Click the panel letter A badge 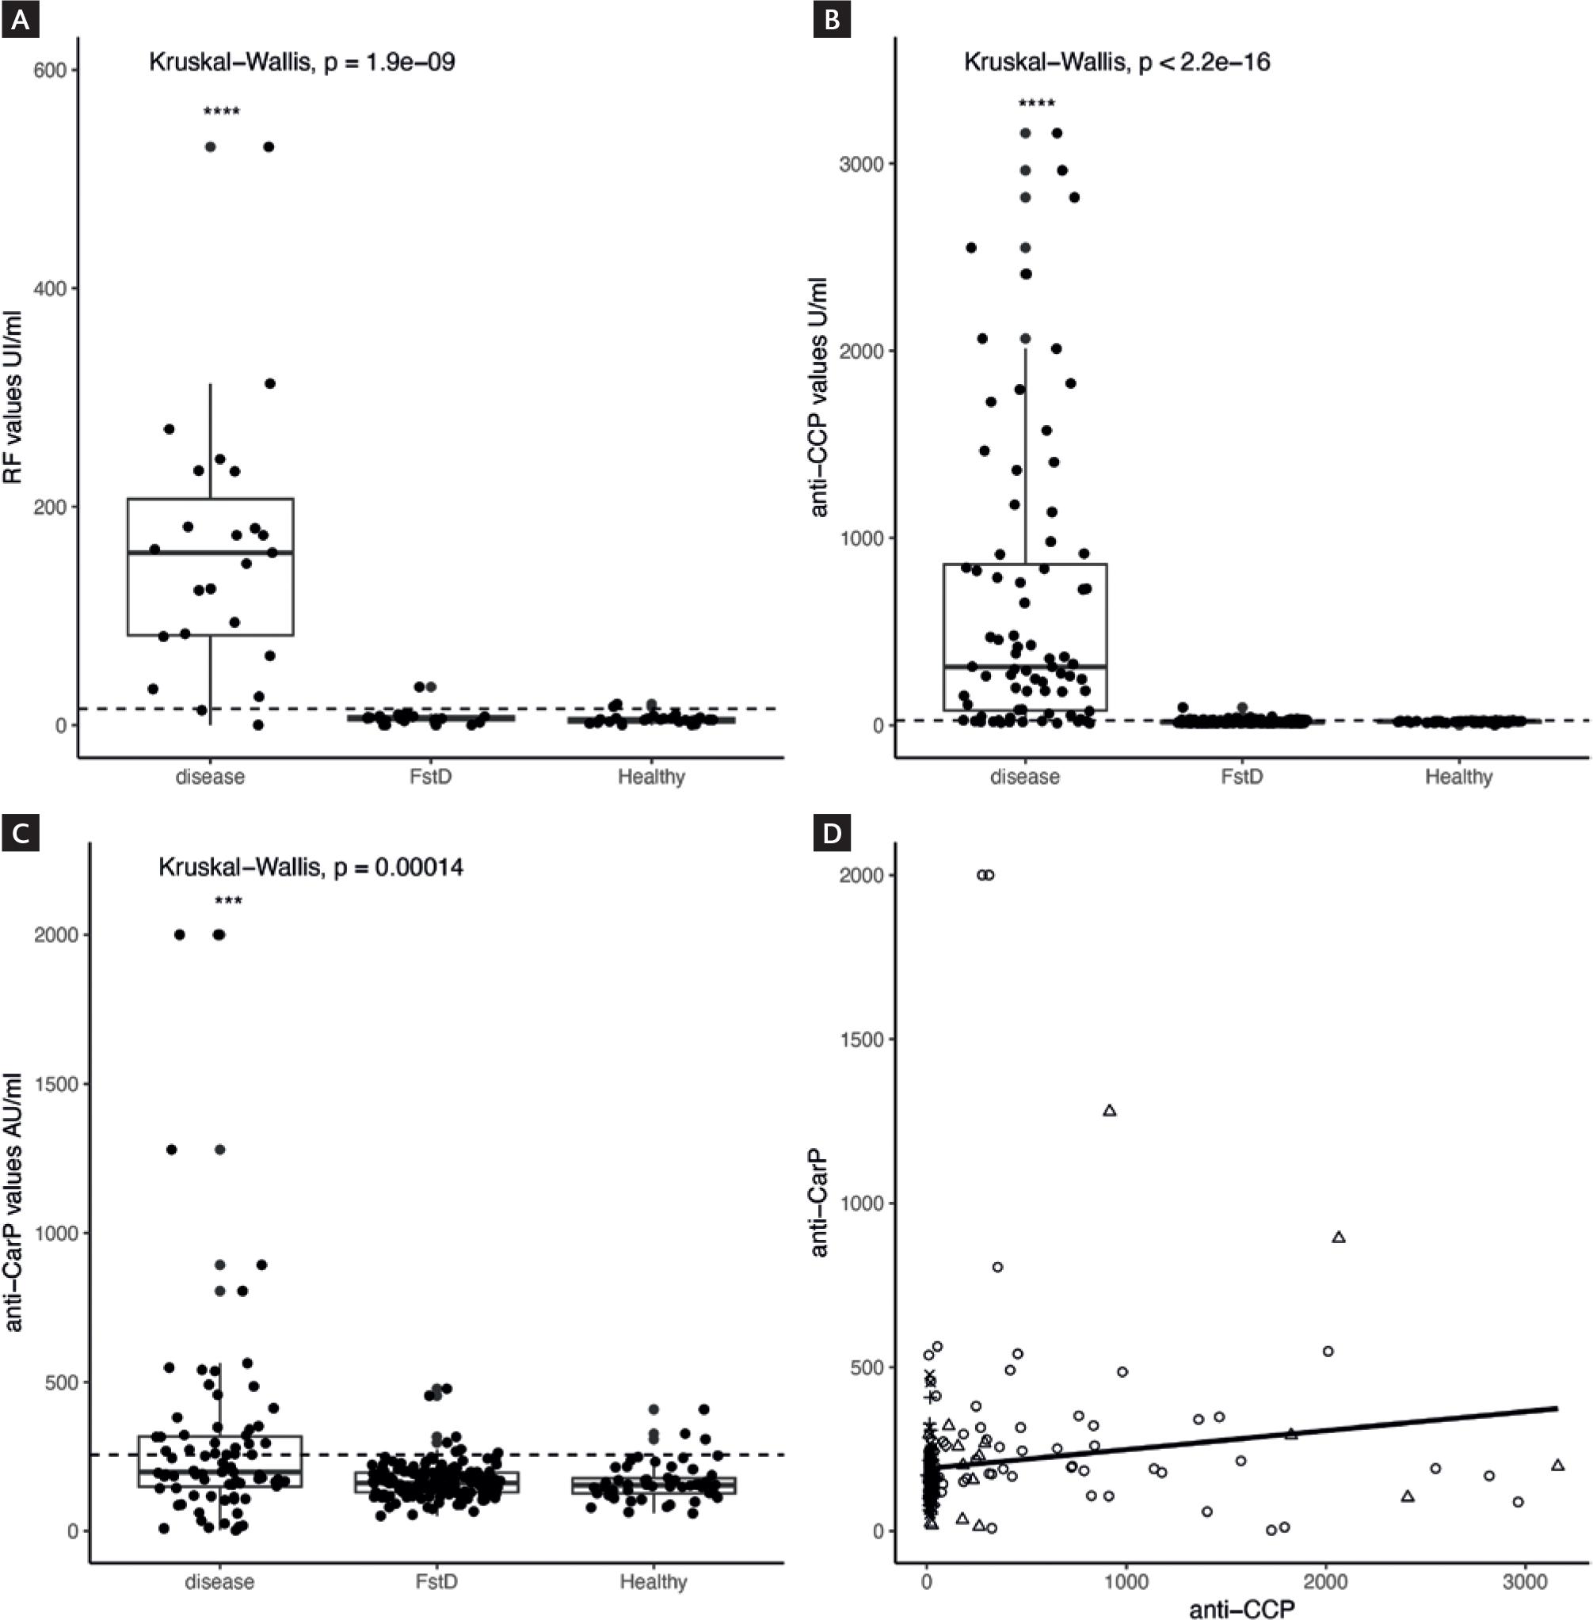20,20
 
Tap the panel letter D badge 833,834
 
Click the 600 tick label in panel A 49,70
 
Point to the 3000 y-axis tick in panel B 861,164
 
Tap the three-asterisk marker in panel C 228,902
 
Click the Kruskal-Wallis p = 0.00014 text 311,866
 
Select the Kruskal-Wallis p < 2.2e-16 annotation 1116,62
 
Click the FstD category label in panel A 430,777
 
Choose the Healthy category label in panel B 1458,777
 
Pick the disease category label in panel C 219,1582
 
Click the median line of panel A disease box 210,553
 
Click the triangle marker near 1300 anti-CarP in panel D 1111,1111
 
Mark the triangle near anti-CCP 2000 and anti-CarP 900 1338,1237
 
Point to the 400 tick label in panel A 49,288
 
